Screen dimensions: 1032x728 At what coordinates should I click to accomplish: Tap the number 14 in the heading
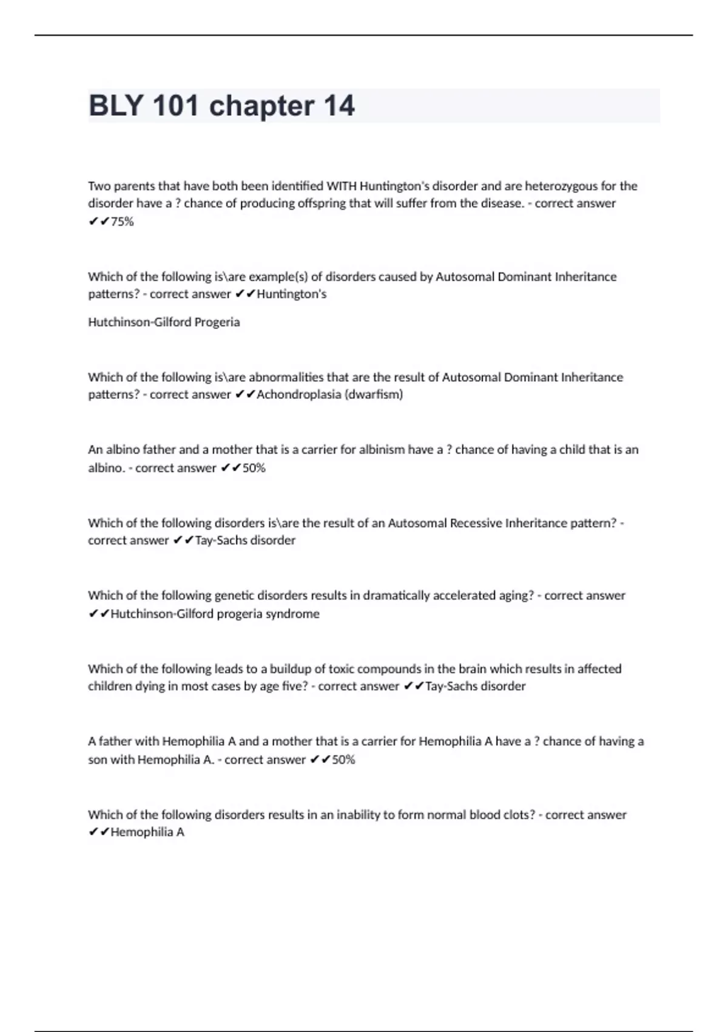click(339, 106)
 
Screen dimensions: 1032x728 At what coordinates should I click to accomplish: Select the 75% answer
click(122, 222)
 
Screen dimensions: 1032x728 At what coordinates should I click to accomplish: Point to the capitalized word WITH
click(342, 186)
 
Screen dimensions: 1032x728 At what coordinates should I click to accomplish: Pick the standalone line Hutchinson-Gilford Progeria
click(164, 322)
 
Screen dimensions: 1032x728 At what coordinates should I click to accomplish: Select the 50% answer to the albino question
click(254, 468)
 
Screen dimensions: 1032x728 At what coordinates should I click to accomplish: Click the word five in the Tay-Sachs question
click(292, 687)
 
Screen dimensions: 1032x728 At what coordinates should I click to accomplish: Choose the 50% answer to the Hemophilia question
click(343, 759)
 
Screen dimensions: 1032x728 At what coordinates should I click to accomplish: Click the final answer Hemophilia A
click(147, 832)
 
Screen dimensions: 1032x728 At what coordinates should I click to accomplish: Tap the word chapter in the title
click(261, 106)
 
